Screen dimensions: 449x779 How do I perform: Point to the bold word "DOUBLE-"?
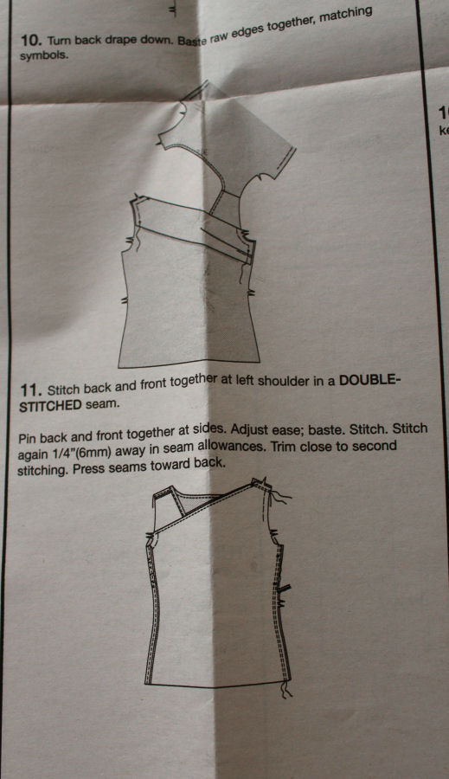pyautogui.click(x=369, y=381)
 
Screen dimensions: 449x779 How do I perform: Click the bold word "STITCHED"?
pyautogui.click(x=50, y=406)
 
